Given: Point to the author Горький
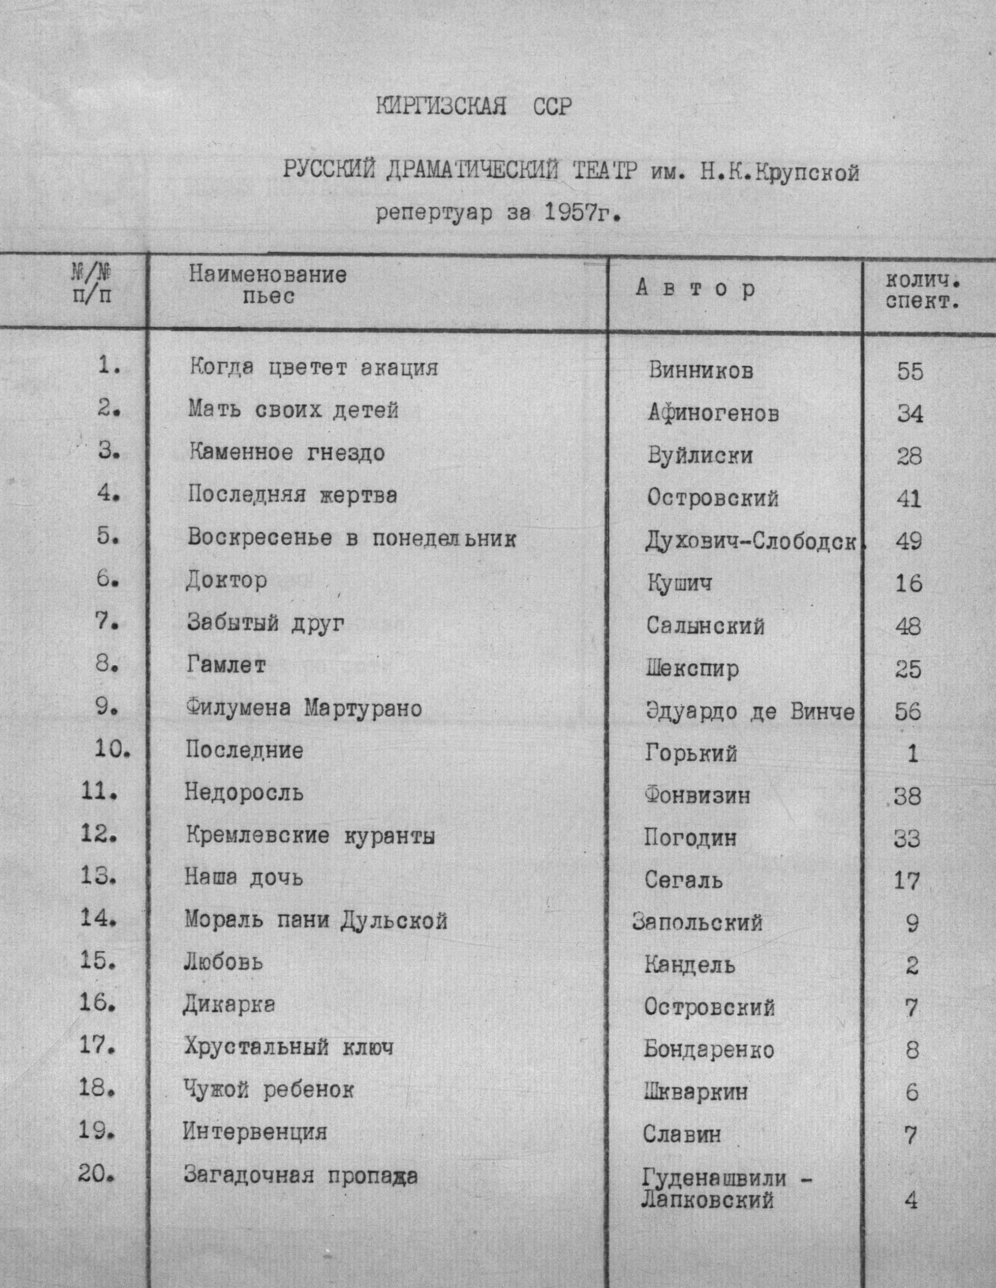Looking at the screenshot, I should (x=691, y=753).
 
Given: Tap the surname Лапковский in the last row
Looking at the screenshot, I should (x=707, y=1201).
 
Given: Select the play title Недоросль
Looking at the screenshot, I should (x=244, y=792).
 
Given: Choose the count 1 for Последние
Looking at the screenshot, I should (x=912, y=754).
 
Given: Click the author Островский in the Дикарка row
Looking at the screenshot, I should (x=709, y=1007).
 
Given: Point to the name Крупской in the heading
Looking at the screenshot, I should (x=807, y=173).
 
